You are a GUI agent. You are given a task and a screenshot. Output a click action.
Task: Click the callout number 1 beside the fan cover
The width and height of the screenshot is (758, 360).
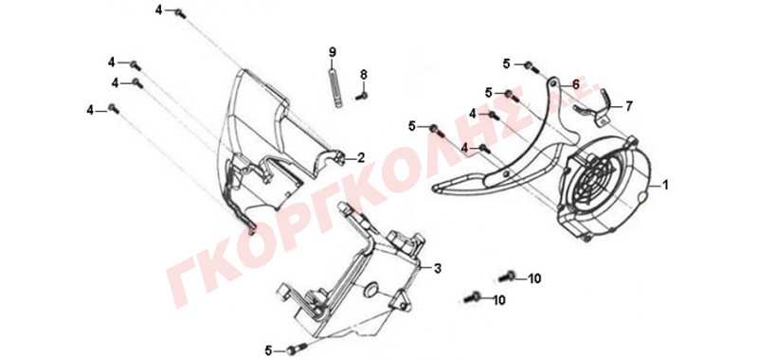coord(666,185)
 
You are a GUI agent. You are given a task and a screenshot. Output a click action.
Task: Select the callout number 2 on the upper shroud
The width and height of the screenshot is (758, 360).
coord(361,157)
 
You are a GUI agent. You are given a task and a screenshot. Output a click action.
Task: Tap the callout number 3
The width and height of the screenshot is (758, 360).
coord(437,269)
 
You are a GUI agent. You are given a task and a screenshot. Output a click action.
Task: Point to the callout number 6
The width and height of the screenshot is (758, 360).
coord(575,84)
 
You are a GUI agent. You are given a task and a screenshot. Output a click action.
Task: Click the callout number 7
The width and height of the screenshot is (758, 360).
coord(628,106)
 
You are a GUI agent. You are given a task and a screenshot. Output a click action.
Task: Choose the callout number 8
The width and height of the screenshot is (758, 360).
coord(364,75)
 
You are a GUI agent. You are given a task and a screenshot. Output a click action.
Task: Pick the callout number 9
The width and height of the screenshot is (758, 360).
coord(333,52)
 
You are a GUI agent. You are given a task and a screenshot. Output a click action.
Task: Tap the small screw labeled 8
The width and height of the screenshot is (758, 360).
coord(362,96)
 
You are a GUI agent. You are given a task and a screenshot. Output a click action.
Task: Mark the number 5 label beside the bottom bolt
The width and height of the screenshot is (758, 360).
coord(269,350)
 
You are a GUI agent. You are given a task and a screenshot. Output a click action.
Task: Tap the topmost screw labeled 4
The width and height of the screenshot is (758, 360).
coord(179,13)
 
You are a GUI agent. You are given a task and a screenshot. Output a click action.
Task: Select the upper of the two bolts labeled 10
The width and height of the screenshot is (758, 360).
coord(507,277)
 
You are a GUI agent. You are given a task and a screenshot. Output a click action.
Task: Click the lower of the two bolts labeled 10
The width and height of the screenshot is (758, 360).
coord(472,297)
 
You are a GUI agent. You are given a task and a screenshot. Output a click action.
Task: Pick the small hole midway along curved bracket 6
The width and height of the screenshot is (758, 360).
coord(505,174)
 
